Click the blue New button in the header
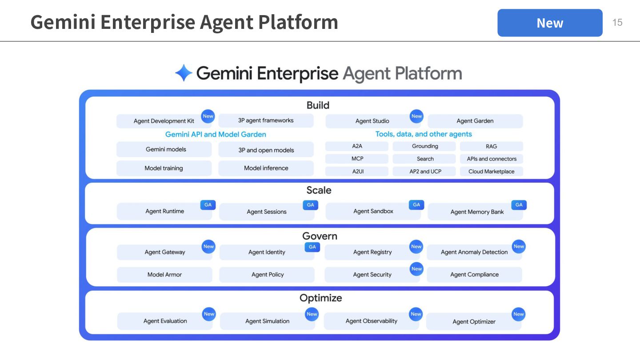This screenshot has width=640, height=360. point(550,23)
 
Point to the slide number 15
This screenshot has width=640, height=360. point(617,23)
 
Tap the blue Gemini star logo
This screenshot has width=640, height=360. point(184,73)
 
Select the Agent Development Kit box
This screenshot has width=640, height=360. point(164,121)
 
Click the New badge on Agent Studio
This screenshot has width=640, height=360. point(416,116)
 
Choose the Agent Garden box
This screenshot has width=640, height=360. point(475,121)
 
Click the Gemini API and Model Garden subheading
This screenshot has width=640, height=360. point(216,134)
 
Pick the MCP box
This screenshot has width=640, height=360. point(357,159)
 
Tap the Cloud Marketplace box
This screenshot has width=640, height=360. point(491,172)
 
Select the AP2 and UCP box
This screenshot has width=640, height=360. point(425,172)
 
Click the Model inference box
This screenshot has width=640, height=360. point(266,168)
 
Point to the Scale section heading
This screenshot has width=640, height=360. point(319,190)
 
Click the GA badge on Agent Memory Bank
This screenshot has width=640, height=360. point(519,205)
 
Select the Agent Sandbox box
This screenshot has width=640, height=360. point(373,212)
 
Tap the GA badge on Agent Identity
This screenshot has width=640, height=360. point(312,247)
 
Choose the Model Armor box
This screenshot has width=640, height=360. point(164,275)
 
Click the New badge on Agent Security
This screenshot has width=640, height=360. point(416,269)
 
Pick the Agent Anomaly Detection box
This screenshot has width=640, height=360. point(474,252)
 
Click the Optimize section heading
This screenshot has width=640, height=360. point(320,298)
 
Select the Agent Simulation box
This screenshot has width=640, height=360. point(267,321)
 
